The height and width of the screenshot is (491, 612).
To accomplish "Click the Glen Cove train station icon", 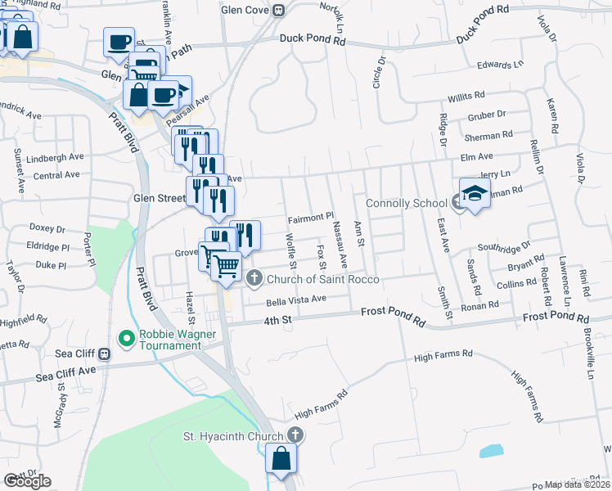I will tap(279, 11).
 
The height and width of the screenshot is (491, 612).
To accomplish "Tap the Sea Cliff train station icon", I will tap(105, 354).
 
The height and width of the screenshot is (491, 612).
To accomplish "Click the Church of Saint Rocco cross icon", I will tap(254, 278).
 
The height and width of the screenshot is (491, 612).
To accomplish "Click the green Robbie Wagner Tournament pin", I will tap(126, 336).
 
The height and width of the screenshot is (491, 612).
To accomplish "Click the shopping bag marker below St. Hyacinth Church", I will tap(281, 461).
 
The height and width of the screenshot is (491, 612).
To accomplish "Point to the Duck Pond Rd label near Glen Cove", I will tap(313, 38).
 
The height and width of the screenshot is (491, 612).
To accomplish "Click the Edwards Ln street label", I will tap(500, 65).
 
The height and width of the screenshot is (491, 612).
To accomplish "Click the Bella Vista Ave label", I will tap(296, 300).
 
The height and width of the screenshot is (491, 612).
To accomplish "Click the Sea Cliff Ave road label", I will tap(66, 375).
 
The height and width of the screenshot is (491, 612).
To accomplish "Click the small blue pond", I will tap(491, 451).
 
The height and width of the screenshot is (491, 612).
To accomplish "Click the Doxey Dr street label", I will tap(47, 229).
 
